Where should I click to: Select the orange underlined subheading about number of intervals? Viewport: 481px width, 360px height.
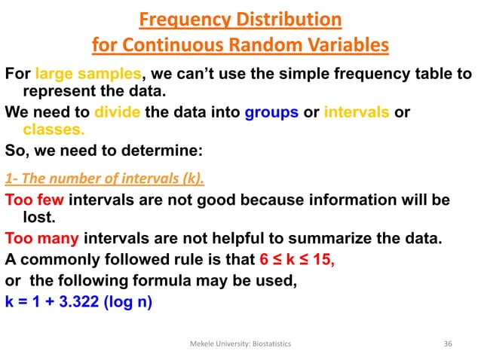[105, 180]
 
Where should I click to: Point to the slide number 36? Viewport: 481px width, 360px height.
[448, 343]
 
